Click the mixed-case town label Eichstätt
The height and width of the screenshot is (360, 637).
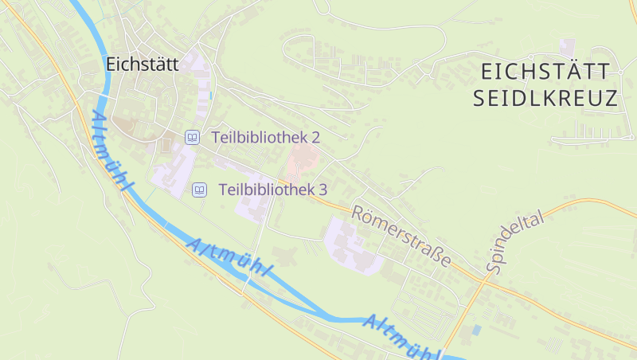[x=142, y=64]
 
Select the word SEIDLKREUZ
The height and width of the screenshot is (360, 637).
[x=545, y=99]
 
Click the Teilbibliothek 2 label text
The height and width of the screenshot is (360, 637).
[x=266, y=137]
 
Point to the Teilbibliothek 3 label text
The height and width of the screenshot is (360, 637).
[x=272, y=190]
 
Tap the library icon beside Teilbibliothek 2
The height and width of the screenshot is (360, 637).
[x=192, y=137]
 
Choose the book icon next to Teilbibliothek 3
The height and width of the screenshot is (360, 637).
[x=199, y=190]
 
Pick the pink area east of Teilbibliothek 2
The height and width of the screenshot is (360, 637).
[x=302, y=164]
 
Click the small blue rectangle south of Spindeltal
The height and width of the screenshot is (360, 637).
[x=476, y=329]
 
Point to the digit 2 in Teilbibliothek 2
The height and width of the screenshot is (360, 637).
[x=315, y=137]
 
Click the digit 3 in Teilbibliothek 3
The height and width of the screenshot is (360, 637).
[x=322, y=190]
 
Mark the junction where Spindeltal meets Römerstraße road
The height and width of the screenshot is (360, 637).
[x=487, y=280]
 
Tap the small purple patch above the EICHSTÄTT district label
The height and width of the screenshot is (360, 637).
[x=567, y=45]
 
